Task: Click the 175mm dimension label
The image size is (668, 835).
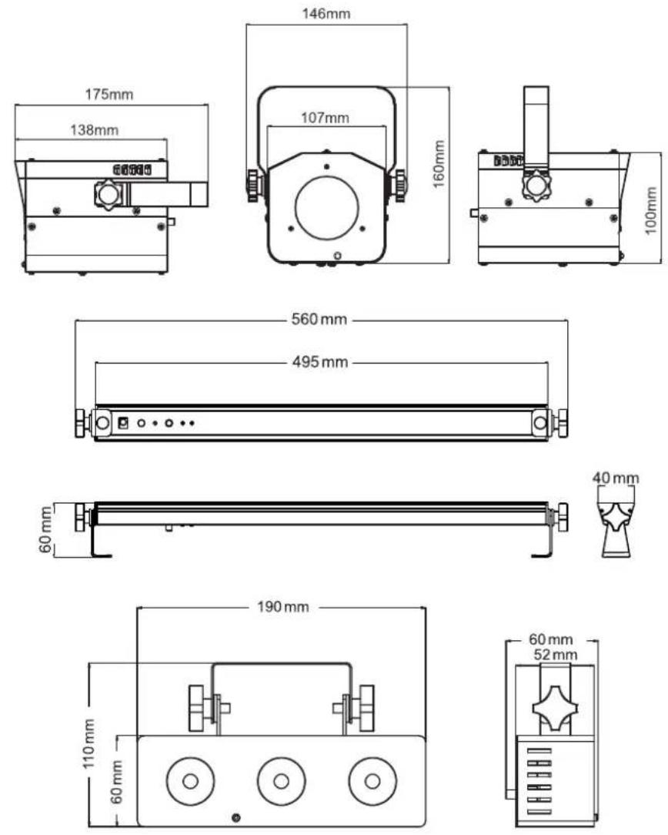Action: point(109,95)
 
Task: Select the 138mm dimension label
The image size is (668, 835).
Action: point(94,130)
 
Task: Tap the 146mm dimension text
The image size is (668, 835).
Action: point(326,13)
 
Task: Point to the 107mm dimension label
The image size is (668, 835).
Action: point(325,118)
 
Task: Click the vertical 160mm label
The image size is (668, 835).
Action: point(439,163)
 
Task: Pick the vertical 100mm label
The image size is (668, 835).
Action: point(651,210)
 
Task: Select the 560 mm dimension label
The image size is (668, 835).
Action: point(319,320)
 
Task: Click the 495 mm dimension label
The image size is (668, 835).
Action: point(320,362)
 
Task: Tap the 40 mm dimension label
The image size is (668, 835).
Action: point(616,478)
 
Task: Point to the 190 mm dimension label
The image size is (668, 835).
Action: point(283,607)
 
